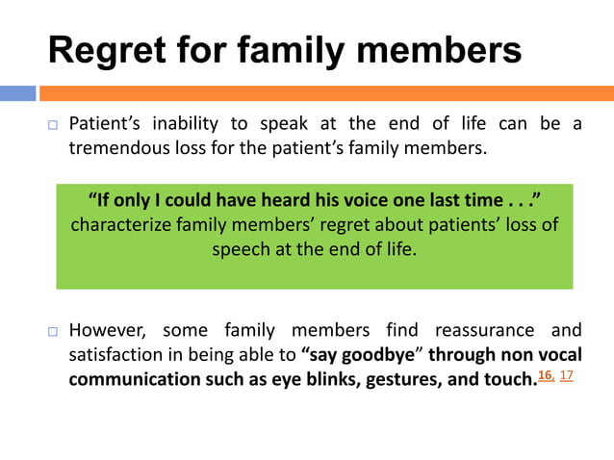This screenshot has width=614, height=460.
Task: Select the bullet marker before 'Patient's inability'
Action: (x=54, y=125)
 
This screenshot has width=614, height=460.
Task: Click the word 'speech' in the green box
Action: (x=241, y=248)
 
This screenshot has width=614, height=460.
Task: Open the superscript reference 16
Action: (x=546, y=373)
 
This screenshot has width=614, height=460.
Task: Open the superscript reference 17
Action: (x=566, y=373)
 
